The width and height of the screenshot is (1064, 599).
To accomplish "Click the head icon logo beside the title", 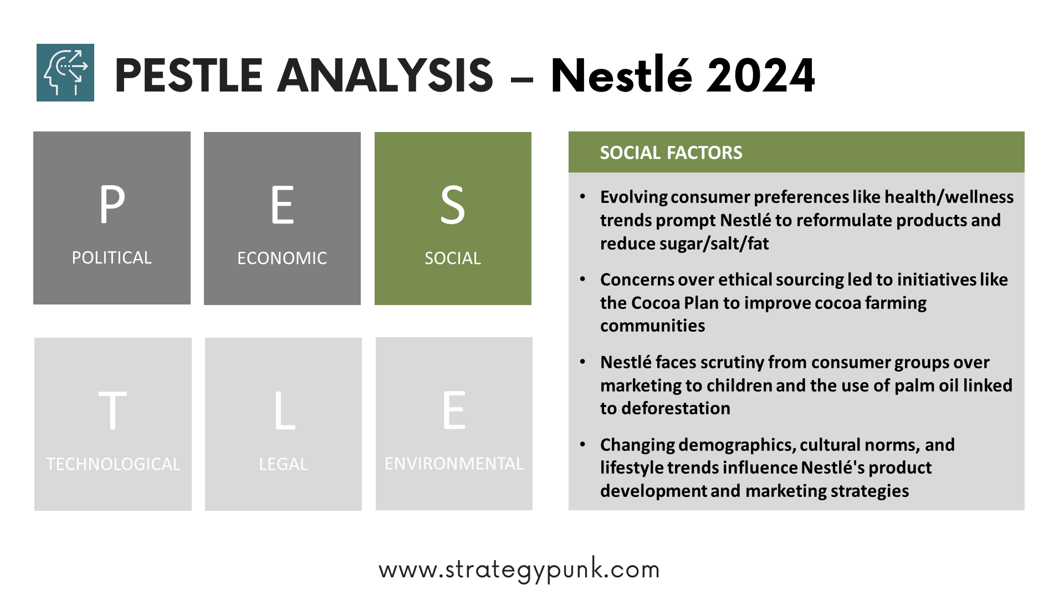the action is click(65, 73).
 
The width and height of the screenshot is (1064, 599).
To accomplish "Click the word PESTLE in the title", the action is click(188, 75).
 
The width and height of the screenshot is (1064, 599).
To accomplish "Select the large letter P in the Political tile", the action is click(112, 204).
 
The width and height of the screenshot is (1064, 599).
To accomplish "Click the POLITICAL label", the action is click(111, 257).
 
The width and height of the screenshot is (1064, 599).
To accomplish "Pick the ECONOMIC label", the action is click(282, 258).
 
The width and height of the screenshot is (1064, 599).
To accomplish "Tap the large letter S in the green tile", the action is click(453, 205).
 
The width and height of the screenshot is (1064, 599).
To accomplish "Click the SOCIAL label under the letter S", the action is click(453, 258).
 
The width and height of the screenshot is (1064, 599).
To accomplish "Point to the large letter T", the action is click(112, 410).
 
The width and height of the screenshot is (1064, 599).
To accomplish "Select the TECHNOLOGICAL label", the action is click(113, 464).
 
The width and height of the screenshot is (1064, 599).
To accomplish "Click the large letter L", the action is click(285, 410).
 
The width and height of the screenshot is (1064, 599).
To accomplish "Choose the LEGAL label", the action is click(283, 464).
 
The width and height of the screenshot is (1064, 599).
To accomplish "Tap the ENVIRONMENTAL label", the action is click(454, 463).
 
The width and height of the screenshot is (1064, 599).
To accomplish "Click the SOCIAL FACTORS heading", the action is click(671, 153).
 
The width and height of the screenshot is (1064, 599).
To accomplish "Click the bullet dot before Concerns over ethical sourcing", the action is click(582, 279).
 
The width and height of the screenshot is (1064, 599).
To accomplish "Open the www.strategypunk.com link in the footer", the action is click(519, 570).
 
